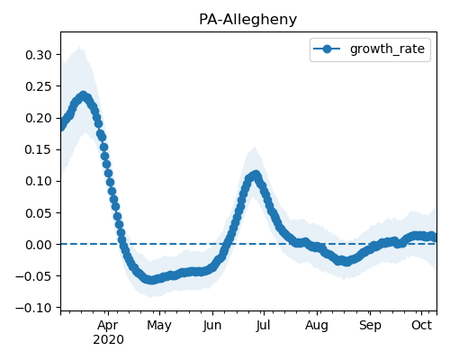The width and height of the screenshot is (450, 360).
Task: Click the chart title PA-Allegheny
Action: [x=247, y=20]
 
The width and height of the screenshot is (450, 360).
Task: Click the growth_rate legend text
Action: [x=387, y=49]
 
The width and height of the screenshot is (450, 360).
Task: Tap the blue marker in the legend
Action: [x=327, y=49]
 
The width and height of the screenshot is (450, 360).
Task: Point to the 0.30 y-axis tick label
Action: [x=39, y=55]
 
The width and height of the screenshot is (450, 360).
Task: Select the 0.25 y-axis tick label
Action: [x=39, y=86]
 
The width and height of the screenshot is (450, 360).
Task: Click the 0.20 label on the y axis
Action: [x=39, y=118]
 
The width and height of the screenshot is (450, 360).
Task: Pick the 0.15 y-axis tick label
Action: [x=39, y=149]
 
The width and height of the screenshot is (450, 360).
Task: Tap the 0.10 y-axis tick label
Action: [x=39, y=181]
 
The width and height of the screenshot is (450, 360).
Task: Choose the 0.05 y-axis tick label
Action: [x=39, y=213]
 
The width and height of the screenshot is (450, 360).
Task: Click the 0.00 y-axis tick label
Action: [x=39, y=245]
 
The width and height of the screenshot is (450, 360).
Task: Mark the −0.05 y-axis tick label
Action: [x=33, y=276]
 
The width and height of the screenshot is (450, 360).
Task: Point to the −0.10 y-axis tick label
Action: [x=33, y=308]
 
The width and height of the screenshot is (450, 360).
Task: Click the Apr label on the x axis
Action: [x=108, y=326]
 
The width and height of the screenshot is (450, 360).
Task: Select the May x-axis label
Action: [x=159, y=326]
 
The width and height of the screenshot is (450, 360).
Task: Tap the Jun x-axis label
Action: [x=212, y=326]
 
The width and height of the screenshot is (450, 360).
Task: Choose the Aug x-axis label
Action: [x=317, y=326]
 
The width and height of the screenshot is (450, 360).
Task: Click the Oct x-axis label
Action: [x=421, y=325]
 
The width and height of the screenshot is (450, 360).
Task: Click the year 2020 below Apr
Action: [x=108, y=340]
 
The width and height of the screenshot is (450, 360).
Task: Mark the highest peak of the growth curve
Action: [x=84, y=96]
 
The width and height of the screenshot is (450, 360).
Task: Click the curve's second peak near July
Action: [x=256, y=175]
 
